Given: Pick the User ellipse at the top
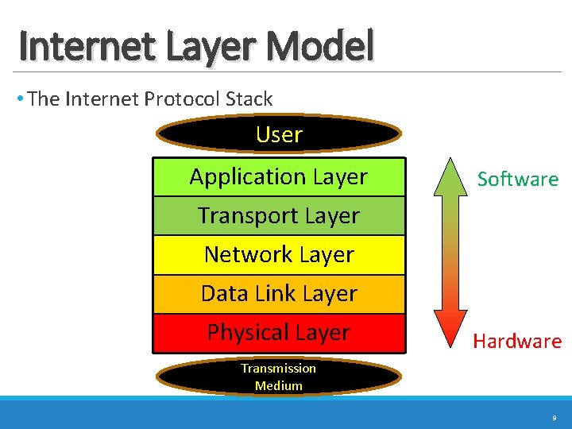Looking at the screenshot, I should point(279,134).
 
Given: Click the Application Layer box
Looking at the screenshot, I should point(279,176).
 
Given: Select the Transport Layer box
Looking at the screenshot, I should point(279,215).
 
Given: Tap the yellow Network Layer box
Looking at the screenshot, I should point(279,254).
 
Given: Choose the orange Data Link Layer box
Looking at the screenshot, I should point(279,293).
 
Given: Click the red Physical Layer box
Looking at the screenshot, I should point(279,332).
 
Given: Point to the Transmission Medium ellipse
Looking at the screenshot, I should point(279,377).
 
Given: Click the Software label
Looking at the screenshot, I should point(518,180).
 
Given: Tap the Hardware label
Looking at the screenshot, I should point(517,342).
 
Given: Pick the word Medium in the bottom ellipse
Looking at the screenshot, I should point(279,386).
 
